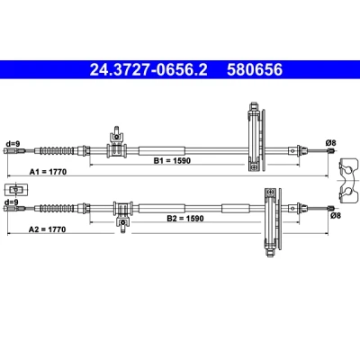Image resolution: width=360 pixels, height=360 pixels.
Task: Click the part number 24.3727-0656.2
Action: (148, 70)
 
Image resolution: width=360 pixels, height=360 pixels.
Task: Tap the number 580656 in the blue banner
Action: (255, 70)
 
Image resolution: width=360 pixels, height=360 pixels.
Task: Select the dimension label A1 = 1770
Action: (48, 172)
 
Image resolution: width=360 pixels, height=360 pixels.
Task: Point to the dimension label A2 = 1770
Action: (47, 229)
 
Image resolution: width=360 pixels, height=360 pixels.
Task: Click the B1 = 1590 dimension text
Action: (172, 161)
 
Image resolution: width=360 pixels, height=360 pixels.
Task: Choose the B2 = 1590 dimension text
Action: (185, 219)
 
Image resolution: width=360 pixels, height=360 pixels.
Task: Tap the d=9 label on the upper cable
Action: (12, 144)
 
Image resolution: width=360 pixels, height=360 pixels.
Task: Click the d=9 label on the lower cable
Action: (12, 202)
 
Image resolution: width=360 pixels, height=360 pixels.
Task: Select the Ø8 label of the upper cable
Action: (330, 143)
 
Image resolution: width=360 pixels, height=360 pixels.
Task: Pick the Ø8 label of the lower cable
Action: (336, 215)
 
